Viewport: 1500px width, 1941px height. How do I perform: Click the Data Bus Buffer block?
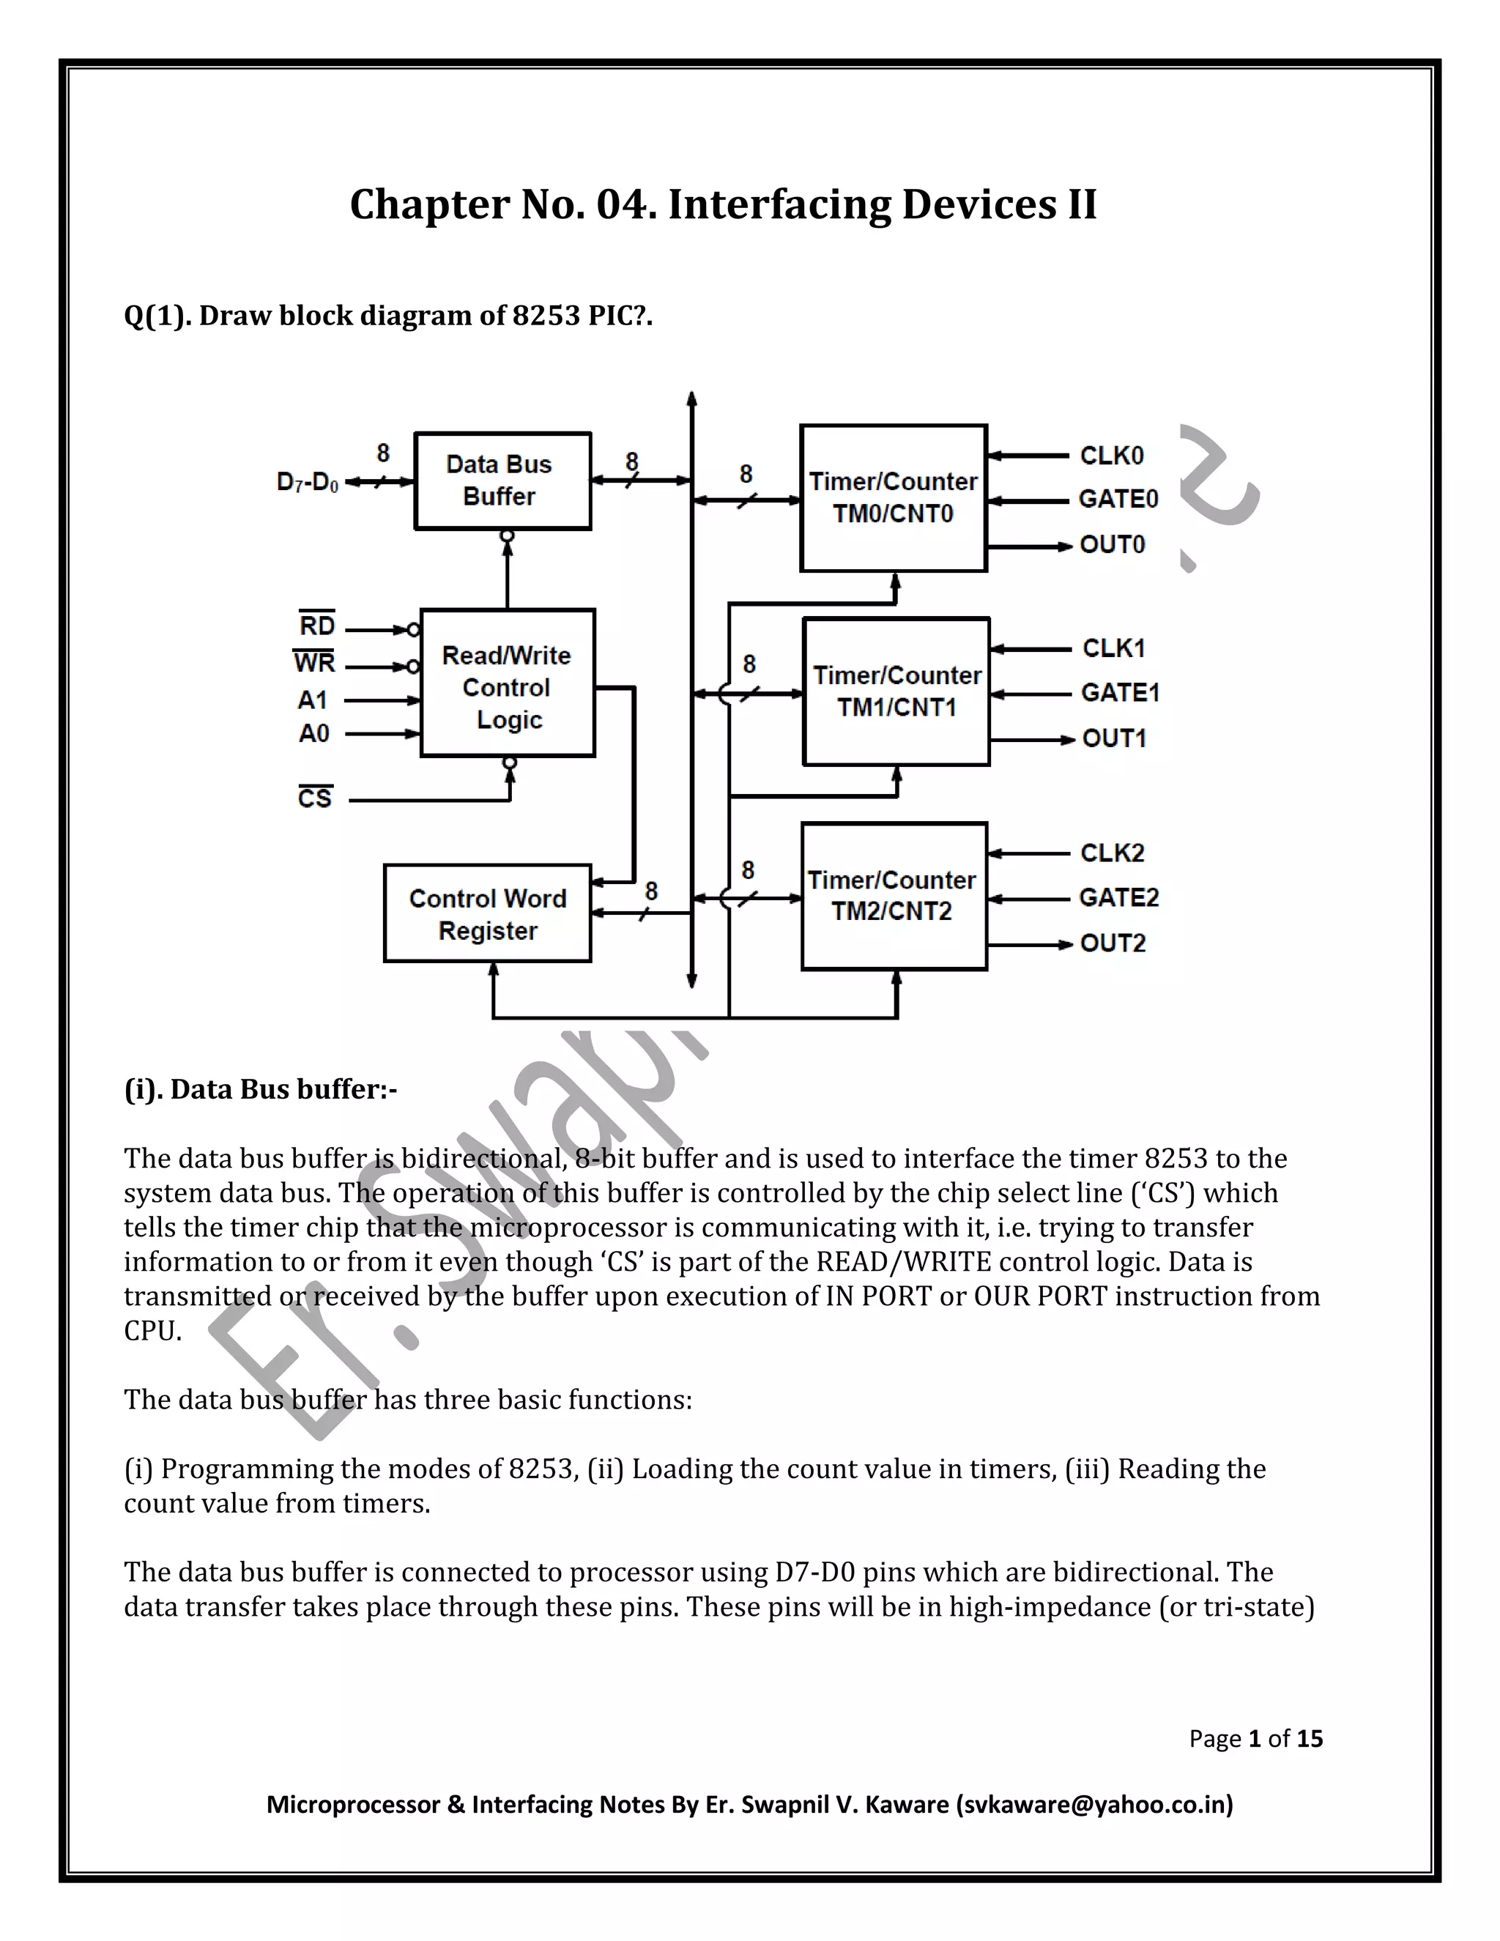coord(502,480)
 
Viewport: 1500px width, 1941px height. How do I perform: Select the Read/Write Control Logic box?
coord(508,683)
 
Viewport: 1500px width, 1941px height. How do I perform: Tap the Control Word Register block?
coord(487,913)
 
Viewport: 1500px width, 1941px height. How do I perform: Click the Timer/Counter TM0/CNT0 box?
coord(893,497)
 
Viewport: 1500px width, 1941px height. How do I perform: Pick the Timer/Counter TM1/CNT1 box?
coord(896,691)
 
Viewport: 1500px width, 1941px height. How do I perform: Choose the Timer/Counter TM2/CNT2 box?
coord(893,896)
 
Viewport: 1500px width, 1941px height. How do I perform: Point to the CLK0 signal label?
coord(1112,456)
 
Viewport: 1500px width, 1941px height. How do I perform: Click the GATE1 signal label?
coord(1120,692)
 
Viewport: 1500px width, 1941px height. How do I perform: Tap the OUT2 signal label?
coord(1113,943)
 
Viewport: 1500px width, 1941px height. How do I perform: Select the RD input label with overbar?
coord(316,626)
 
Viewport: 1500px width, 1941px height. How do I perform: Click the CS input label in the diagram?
coord(314,798)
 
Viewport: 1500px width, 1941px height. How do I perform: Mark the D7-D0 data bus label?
coord(308,483)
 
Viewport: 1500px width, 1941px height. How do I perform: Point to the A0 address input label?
coord(313,733)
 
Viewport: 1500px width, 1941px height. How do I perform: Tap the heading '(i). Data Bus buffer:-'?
coord(260,1090)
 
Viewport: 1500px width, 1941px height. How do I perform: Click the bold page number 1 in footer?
coord(1255,1738)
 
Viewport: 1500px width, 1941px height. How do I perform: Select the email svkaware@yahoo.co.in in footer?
coord(1094,1804)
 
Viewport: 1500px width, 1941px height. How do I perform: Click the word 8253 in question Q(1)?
coord(546,316)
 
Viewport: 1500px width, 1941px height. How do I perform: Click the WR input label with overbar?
coord(313,663)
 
